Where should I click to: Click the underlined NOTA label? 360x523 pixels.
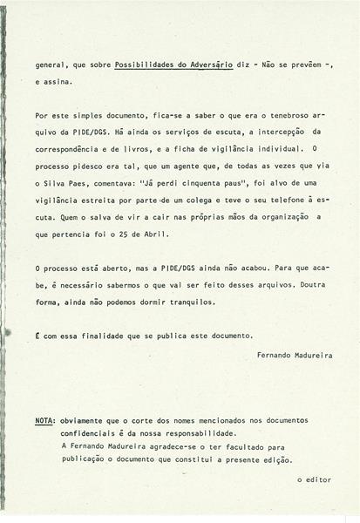(x=44, y=420)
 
